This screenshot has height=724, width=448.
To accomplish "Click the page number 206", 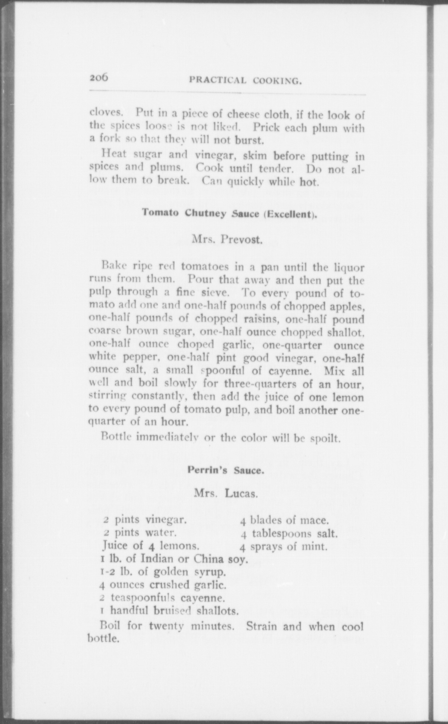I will click(99, 78).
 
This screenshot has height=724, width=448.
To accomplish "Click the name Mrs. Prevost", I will click(228, 239).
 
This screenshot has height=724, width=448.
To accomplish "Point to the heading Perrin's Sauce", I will click(226, 470).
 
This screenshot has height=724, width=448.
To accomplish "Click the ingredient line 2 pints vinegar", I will click(145, 520).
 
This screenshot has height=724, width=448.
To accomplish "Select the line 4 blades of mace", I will click(284, 520).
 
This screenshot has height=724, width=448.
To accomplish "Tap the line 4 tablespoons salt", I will click(289, 533).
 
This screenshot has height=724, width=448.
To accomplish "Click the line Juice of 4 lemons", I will click(151, 546).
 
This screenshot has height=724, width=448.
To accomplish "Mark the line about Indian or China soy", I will click(174, 559).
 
